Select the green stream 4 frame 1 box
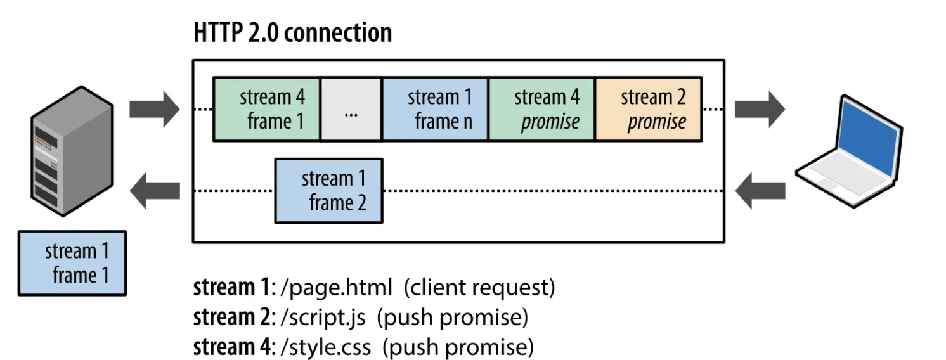pyautogui.click(x=267, y=109)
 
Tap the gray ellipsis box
pyautogui.click(x=351, y=109)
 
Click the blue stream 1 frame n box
pyautogui.click(x=436, y=109)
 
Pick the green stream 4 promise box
pyautogui.click(x=542, y=109)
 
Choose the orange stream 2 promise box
pyautogui.click(x=649, y=109)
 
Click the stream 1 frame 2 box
pyautogui.click(x=328, y=191)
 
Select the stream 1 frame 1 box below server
pyautogui.click(x=72, y=263)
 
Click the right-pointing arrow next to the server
pyautogui.click(x=155, y=108)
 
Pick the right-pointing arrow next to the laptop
pyautogui.click(x=760, y=108)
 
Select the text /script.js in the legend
pyautogui.click(x=328, y=318)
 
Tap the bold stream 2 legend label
pyautogui.click(x=231, y=318)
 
